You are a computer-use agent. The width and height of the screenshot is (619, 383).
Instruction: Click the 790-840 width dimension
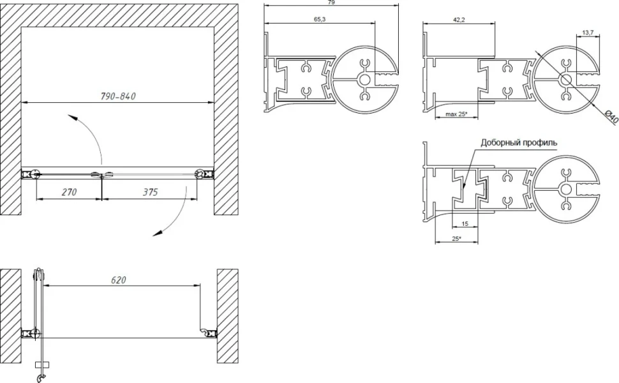tap(117, 96)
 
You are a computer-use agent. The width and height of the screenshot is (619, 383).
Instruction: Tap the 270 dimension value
tap(69, 192)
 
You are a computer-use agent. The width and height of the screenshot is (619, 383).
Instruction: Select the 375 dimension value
tap(150, 192)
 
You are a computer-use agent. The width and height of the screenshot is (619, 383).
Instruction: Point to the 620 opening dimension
tap(119, 280)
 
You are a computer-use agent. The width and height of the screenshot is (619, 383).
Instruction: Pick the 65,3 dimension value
tap(320, 19)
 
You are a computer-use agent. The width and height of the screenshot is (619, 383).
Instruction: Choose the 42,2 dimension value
tap(459, 20)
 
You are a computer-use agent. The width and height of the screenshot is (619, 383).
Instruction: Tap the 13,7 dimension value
tap(588, 33)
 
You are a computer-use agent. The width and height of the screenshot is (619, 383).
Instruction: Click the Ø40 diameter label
tap(611, 117)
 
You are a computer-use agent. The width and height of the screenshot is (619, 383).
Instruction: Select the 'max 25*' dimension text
tap(456, 114)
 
